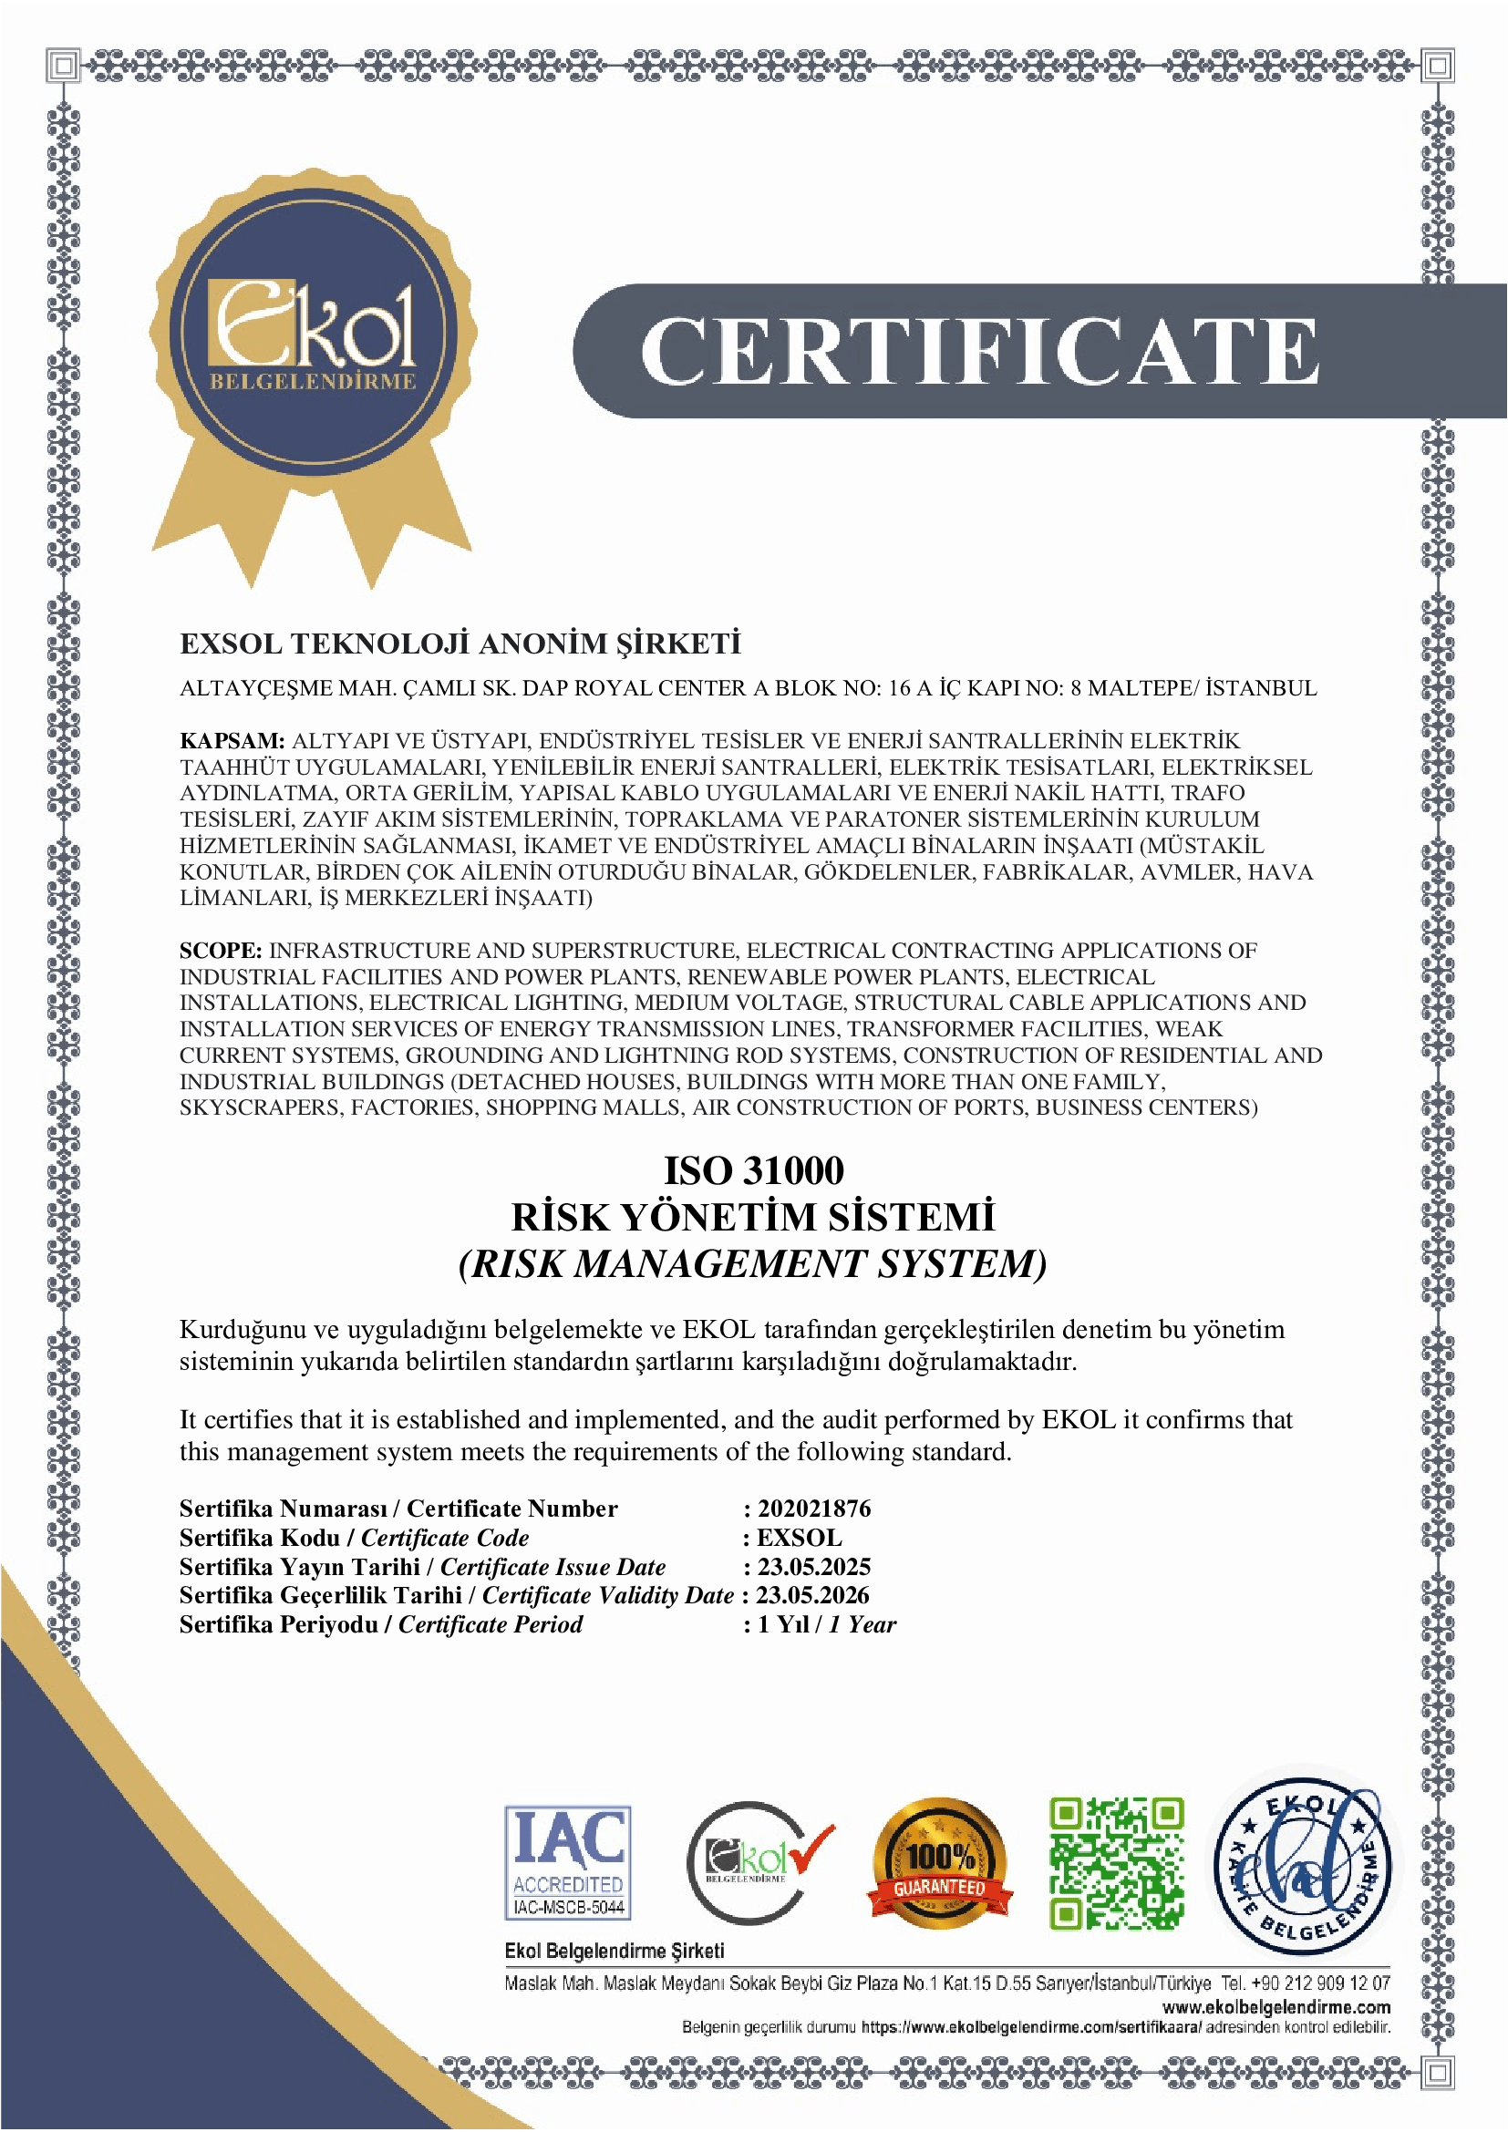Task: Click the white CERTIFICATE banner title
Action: [x=978, y=350]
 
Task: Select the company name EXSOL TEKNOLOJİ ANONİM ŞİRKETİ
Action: [x=460, y=644]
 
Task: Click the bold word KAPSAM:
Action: [x=232, y=741]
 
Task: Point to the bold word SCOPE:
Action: [x=221, y=951]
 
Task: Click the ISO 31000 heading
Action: [x=753, y=1170]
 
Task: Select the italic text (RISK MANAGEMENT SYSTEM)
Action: [x=753, y=1263]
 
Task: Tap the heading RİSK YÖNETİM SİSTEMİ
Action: [x=753, y=1218]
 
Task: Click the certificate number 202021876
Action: [x=813, y=1509]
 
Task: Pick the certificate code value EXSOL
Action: [x=799, y=1538]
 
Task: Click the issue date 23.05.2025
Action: [x=813, y=1567]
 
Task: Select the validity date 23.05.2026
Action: [x=812, y=1595]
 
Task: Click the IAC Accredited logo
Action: [x=568, y=1861]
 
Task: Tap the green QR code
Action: [x=1116, y=1863]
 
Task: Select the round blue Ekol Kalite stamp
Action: [x=1305, y=1863]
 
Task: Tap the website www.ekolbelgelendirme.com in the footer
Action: [x=1276, y=2007]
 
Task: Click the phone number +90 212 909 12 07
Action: [x=1319, y=1983]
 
